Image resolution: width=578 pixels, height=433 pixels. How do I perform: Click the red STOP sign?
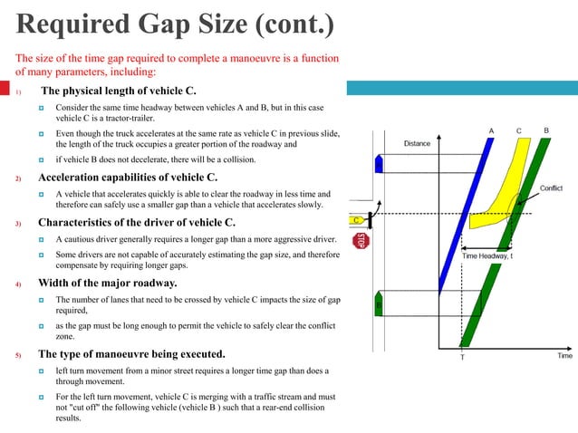(360, 241)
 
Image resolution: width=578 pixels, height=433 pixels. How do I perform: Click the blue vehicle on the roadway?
(379, 162)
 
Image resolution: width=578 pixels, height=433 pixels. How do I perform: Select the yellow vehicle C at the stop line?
(359, 219)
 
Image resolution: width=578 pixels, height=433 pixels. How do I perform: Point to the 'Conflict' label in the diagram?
(551, 188)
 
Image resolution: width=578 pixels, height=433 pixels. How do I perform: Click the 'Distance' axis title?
(417, 143)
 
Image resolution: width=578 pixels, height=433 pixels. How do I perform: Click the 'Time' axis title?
(564, 356)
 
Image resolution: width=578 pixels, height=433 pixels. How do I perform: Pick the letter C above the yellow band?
(519, 130)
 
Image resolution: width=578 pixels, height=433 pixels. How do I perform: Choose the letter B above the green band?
(545, 130)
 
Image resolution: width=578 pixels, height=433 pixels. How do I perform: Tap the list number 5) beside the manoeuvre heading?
(17, 354)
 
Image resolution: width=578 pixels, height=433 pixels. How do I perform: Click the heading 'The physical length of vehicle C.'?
(118, 91)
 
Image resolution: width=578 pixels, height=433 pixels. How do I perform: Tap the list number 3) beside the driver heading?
(17, 224)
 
